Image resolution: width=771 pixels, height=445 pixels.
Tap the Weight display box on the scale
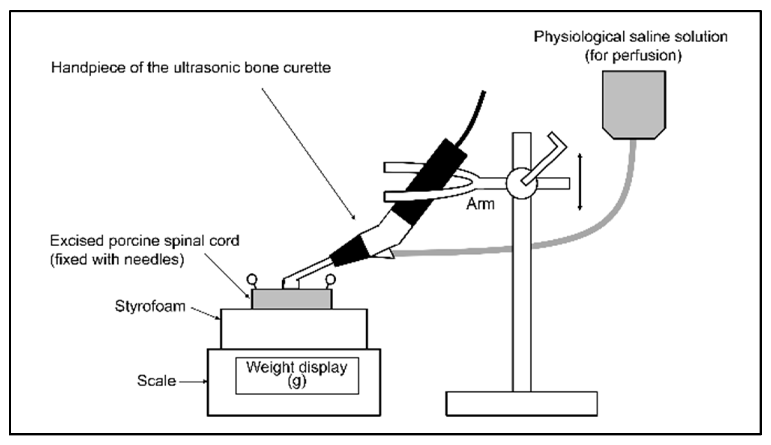297,376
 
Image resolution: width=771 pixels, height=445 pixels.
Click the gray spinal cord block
291,299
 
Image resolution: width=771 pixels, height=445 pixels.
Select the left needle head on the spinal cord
252,279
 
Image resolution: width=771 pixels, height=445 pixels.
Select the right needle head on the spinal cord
330,279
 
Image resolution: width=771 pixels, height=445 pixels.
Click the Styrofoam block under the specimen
294,329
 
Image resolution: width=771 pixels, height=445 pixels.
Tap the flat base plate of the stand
521,403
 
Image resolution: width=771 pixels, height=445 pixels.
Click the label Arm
480,204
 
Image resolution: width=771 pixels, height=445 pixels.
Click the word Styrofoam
150,306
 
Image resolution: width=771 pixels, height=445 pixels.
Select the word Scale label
156,381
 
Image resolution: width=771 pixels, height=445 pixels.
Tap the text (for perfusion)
633,56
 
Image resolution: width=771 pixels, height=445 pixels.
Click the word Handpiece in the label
88,68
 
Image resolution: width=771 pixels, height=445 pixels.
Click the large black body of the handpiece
430,181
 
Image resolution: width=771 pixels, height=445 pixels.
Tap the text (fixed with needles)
117,260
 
